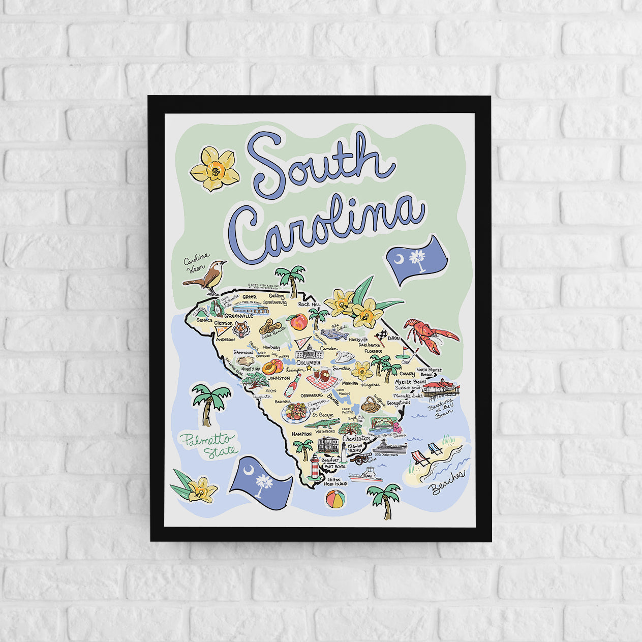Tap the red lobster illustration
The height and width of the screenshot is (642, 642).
(430, 333)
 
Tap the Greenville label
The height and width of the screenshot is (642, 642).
(238, 316)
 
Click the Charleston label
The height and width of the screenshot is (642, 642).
(356, 438)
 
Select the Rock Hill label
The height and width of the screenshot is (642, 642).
(307, 304)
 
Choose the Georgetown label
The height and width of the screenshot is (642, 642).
(398, 403)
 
